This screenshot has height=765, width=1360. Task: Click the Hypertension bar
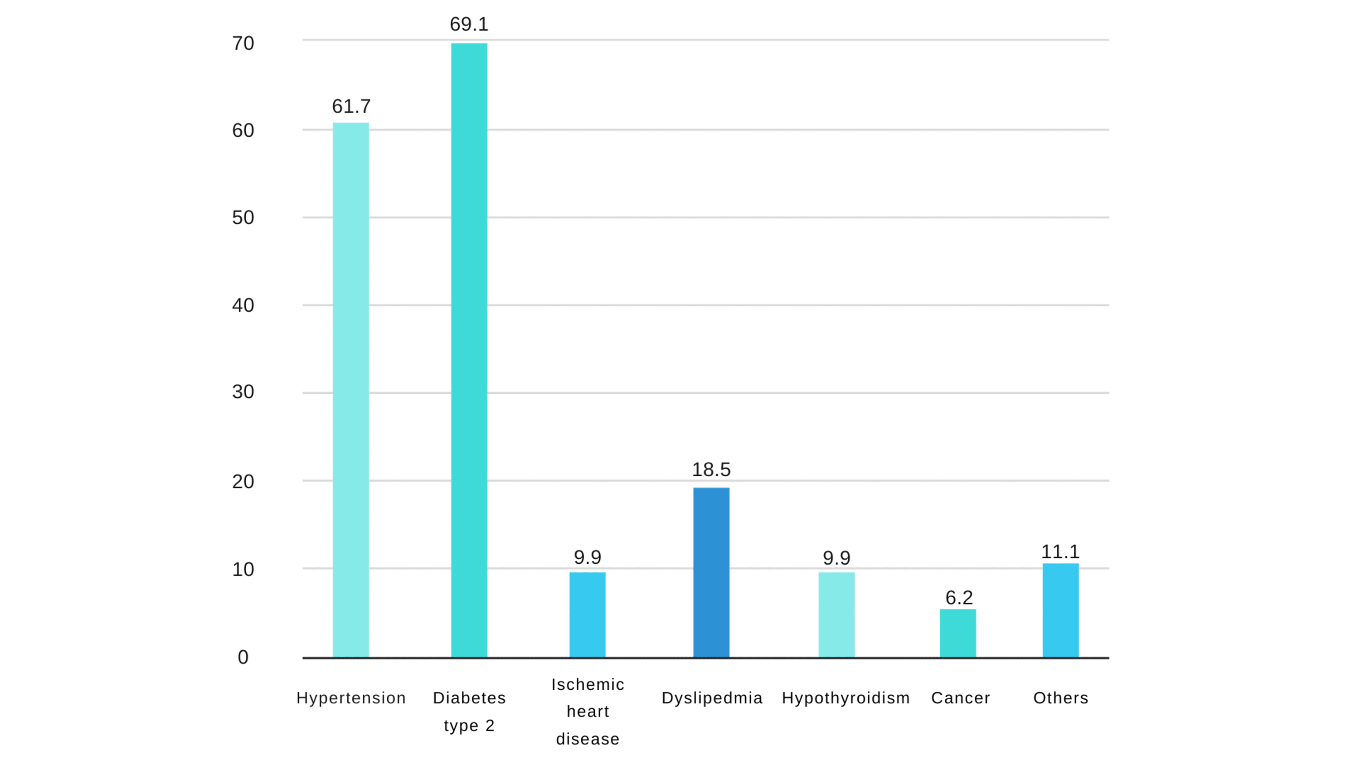(x=350, y=391)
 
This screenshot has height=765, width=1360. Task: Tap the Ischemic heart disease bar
(x=587, y=615)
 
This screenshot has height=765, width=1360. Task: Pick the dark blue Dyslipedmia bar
(x=711, y=573)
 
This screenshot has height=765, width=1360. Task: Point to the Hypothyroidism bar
(x=836, y=615)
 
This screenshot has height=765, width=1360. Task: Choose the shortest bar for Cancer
(x=958, y=634)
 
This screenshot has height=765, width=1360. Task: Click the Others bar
(x=1060, y=611)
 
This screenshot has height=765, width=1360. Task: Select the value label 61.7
(x=351, y=107)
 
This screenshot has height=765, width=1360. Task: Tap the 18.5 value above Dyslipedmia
(x=711, y=470)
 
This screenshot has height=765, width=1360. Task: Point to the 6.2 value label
(x=959, y=598)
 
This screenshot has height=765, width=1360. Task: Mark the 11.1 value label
(x=1060, y=552)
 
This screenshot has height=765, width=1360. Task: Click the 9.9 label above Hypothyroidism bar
(x=836, y=558)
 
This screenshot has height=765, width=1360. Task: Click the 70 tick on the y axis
(x=243, y=44)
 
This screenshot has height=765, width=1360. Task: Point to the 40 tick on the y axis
(x=243, y=305)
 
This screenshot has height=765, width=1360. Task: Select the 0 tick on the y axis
(x=243, y=657)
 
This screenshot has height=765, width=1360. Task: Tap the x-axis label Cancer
(x=960, y=698)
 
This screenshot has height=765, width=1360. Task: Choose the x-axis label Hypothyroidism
(x=846, y=698)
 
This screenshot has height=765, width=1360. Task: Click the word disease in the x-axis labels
(x=588, y=739)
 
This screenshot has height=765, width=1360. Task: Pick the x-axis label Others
(x=1061, y=698)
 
